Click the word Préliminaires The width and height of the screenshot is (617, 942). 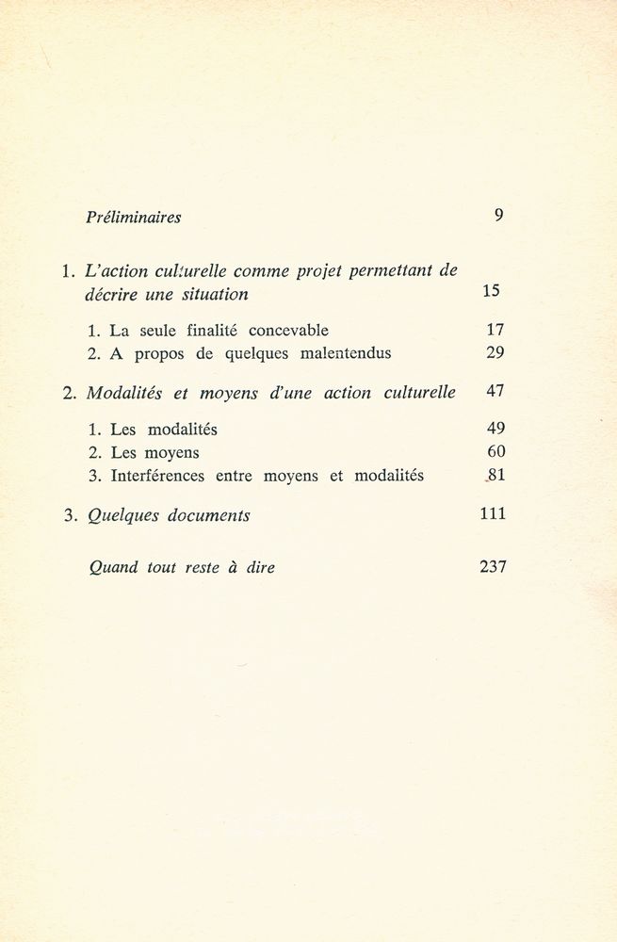[133, 217]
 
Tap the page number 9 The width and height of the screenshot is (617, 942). [498, 215]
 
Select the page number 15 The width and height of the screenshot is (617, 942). [491, 291]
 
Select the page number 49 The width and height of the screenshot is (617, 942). [496, 429]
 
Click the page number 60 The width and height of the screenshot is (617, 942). [496, 452]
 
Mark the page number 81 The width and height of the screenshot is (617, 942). [497, 476]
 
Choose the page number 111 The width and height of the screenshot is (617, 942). [493, 513]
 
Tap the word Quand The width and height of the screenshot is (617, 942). [112, 567]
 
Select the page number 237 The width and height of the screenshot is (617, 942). [493, 566]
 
